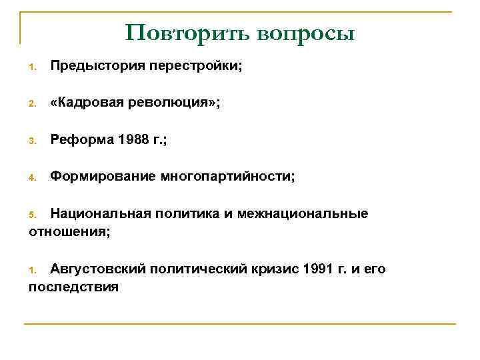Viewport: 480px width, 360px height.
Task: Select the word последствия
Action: point(73,287)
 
